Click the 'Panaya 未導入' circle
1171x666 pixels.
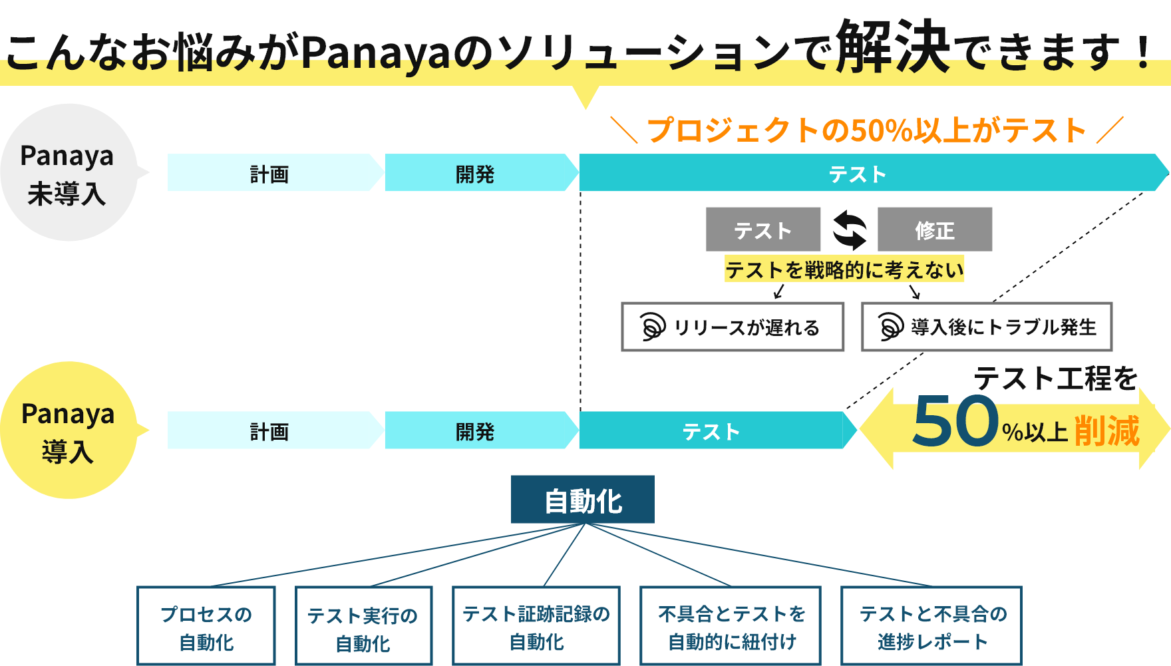click(68, 173)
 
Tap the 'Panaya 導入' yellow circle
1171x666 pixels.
click(68, 431)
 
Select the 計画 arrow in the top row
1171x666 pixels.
click(269, 174)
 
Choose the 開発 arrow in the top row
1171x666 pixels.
click(475, 174)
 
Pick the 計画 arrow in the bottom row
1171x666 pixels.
click(269, 431)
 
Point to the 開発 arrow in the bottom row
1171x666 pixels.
click(475, 431)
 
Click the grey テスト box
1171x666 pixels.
click(763, 230)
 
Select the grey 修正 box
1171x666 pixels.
click(935, 230)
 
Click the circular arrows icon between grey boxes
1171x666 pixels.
click(850, 230)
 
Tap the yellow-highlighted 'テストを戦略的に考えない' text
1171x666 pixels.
click(844, 269)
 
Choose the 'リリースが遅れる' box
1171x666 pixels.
click(733, 327)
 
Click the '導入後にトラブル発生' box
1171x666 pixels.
click(987, 327)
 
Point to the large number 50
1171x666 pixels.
click(955, 422)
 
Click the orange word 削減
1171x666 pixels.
click(1106, 431)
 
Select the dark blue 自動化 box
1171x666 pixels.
click(583, 500)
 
